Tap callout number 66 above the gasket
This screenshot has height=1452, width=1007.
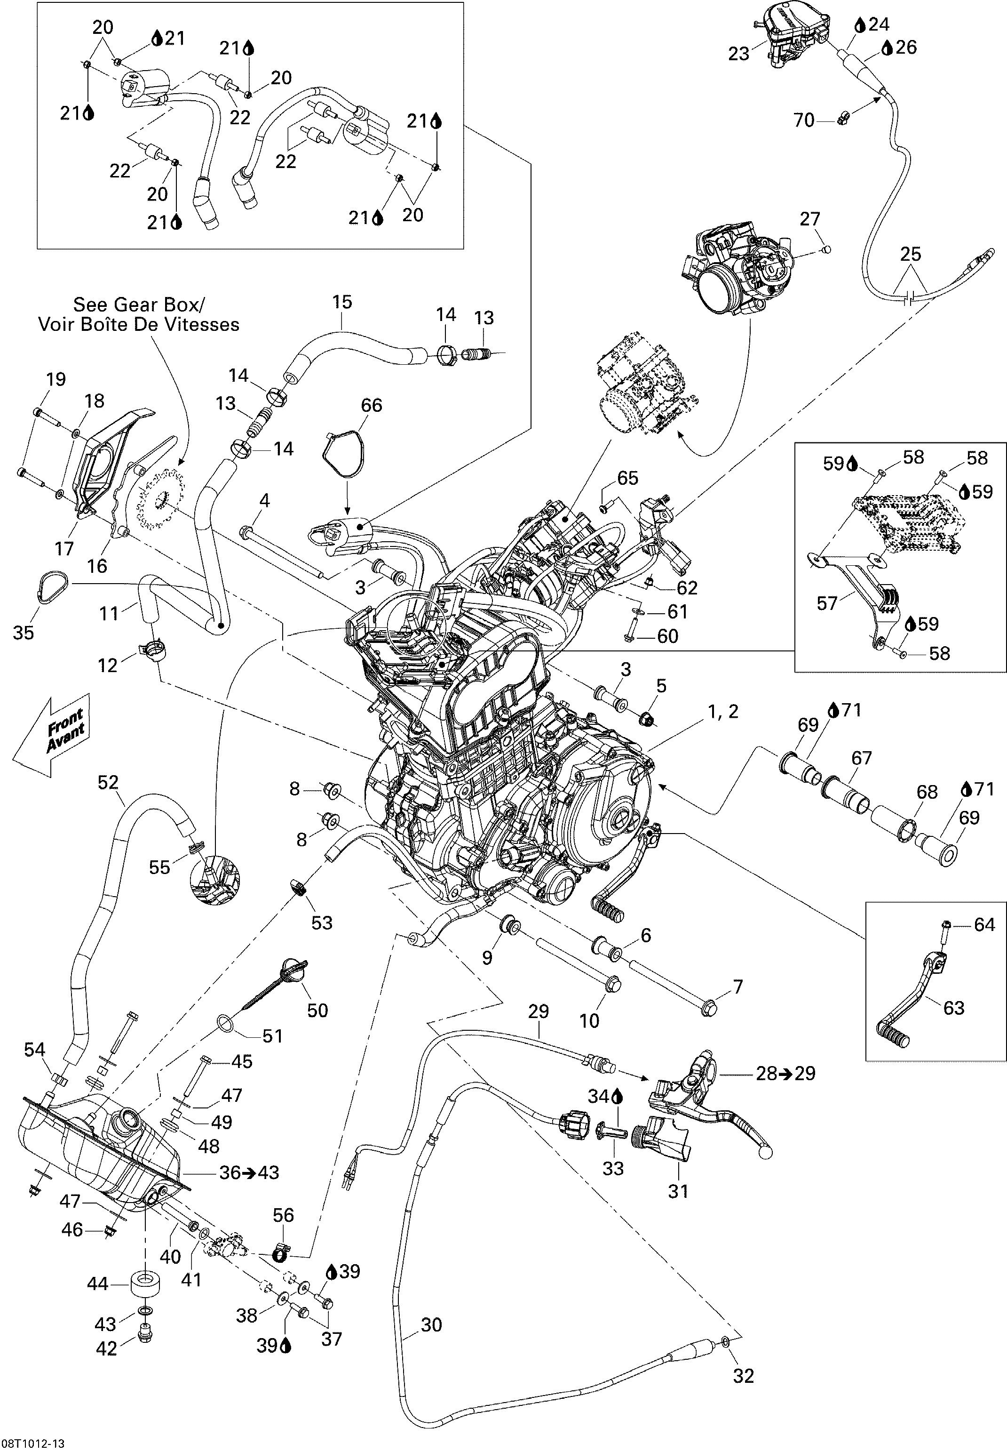tap(371, 405)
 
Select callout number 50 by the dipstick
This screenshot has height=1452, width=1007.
tap(317, 1010)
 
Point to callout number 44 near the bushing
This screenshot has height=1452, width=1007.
tap(98, 1284)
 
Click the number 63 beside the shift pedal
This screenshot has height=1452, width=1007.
tap(953, 1008)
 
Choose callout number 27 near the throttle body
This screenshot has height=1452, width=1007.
tap(809, 219)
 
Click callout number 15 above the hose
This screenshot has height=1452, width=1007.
tap(342, 302)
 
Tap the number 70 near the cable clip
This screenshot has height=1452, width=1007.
tap(804, 120)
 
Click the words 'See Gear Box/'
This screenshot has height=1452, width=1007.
tap(139, 305)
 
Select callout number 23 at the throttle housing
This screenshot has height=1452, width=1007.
tap(738, 54)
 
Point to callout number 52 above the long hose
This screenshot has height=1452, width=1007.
tap(108, 782)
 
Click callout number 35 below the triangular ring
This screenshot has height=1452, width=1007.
tap(24, 633)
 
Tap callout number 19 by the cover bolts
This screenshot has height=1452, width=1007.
tap(56, 379)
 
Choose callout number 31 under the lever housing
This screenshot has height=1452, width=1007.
tap(678, 1191)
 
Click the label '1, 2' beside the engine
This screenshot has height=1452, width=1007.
tap(723, 712)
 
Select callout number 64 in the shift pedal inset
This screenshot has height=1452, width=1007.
tap(984, 924)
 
